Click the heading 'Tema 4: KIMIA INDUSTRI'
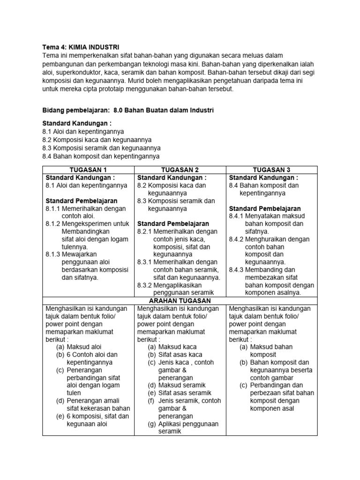pos(81,47)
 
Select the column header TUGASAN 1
pos(89,170)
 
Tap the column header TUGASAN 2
pos(180,170)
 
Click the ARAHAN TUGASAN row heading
pos(180,300)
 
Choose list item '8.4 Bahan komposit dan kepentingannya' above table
pos(101,156)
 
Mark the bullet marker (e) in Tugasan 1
pos(60,416)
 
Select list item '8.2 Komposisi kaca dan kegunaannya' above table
pos(97,140)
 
